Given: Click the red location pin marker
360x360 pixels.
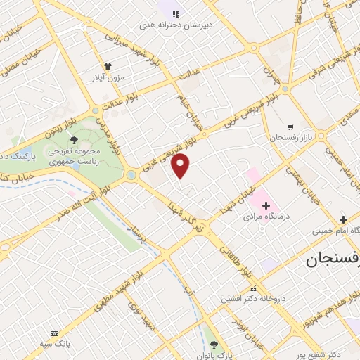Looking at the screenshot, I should [x=181, y=166].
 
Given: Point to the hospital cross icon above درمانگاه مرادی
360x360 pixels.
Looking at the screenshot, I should [x=266, y=207].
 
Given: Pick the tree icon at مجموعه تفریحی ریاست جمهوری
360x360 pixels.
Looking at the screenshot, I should [x=74, y=139].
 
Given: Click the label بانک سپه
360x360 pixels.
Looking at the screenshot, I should [x=53, y=344].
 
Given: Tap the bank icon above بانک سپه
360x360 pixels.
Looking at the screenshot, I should [x=53, y=333].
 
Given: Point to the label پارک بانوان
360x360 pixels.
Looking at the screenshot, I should [x=214, y=356].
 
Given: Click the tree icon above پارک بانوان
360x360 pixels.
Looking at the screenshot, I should [x=214, y=345].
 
